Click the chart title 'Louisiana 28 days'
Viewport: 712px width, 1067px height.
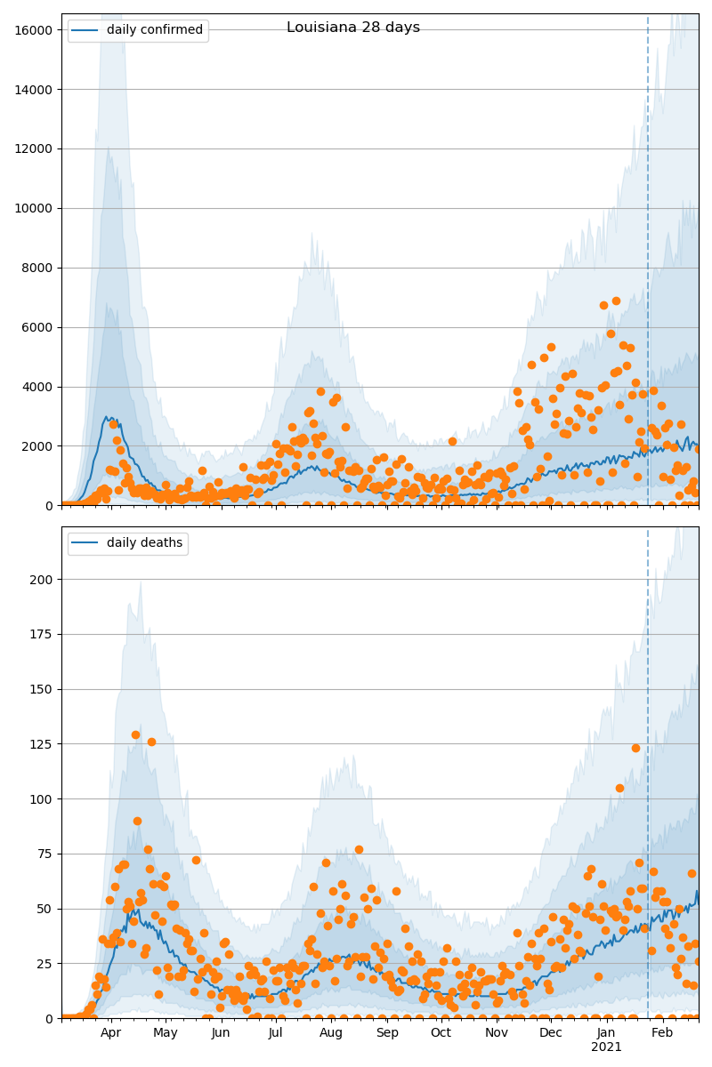353,28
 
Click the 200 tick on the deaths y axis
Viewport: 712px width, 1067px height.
43,580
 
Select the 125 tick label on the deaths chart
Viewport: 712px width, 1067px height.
43,744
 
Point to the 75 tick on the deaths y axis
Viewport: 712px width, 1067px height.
45,854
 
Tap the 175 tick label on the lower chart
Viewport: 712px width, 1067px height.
43,635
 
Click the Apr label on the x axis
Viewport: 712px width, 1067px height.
110,1033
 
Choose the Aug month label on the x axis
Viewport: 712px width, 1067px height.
331,1033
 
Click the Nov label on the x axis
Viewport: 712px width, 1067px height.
497,1033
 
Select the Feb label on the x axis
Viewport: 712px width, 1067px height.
662,1033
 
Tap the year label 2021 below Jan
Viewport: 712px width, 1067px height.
606,1047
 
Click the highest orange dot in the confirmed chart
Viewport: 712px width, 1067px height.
616,301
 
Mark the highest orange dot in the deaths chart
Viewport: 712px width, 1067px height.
135,735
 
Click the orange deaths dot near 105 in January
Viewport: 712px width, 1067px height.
619,788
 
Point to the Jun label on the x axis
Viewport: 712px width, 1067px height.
221,1033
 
